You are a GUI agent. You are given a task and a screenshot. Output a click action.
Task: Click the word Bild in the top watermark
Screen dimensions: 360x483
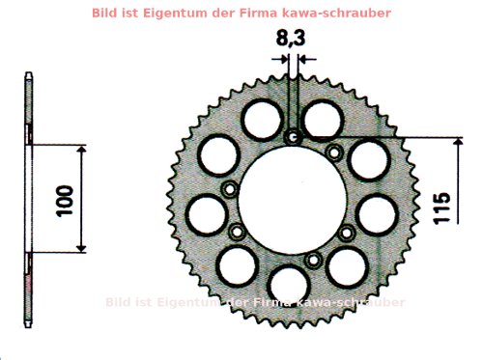tap(107, 14)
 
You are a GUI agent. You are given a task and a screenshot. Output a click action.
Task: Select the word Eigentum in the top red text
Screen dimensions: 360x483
tap(176, 14)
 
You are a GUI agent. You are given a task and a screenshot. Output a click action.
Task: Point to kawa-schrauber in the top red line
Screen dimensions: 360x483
tap(344, 14)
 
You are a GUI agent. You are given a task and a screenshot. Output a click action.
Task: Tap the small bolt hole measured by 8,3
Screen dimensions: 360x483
tap(293, 138)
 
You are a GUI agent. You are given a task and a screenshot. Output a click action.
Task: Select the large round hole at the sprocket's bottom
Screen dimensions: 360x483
tap(287, 286)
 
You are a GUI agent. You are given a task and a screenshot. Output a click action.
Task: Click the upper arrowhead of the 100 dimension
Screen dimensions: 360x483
tap(80, 152)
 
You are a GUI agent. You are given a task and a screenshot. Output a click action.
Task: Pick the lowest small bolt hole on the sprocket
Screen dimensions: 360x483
tap(311, 261)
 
